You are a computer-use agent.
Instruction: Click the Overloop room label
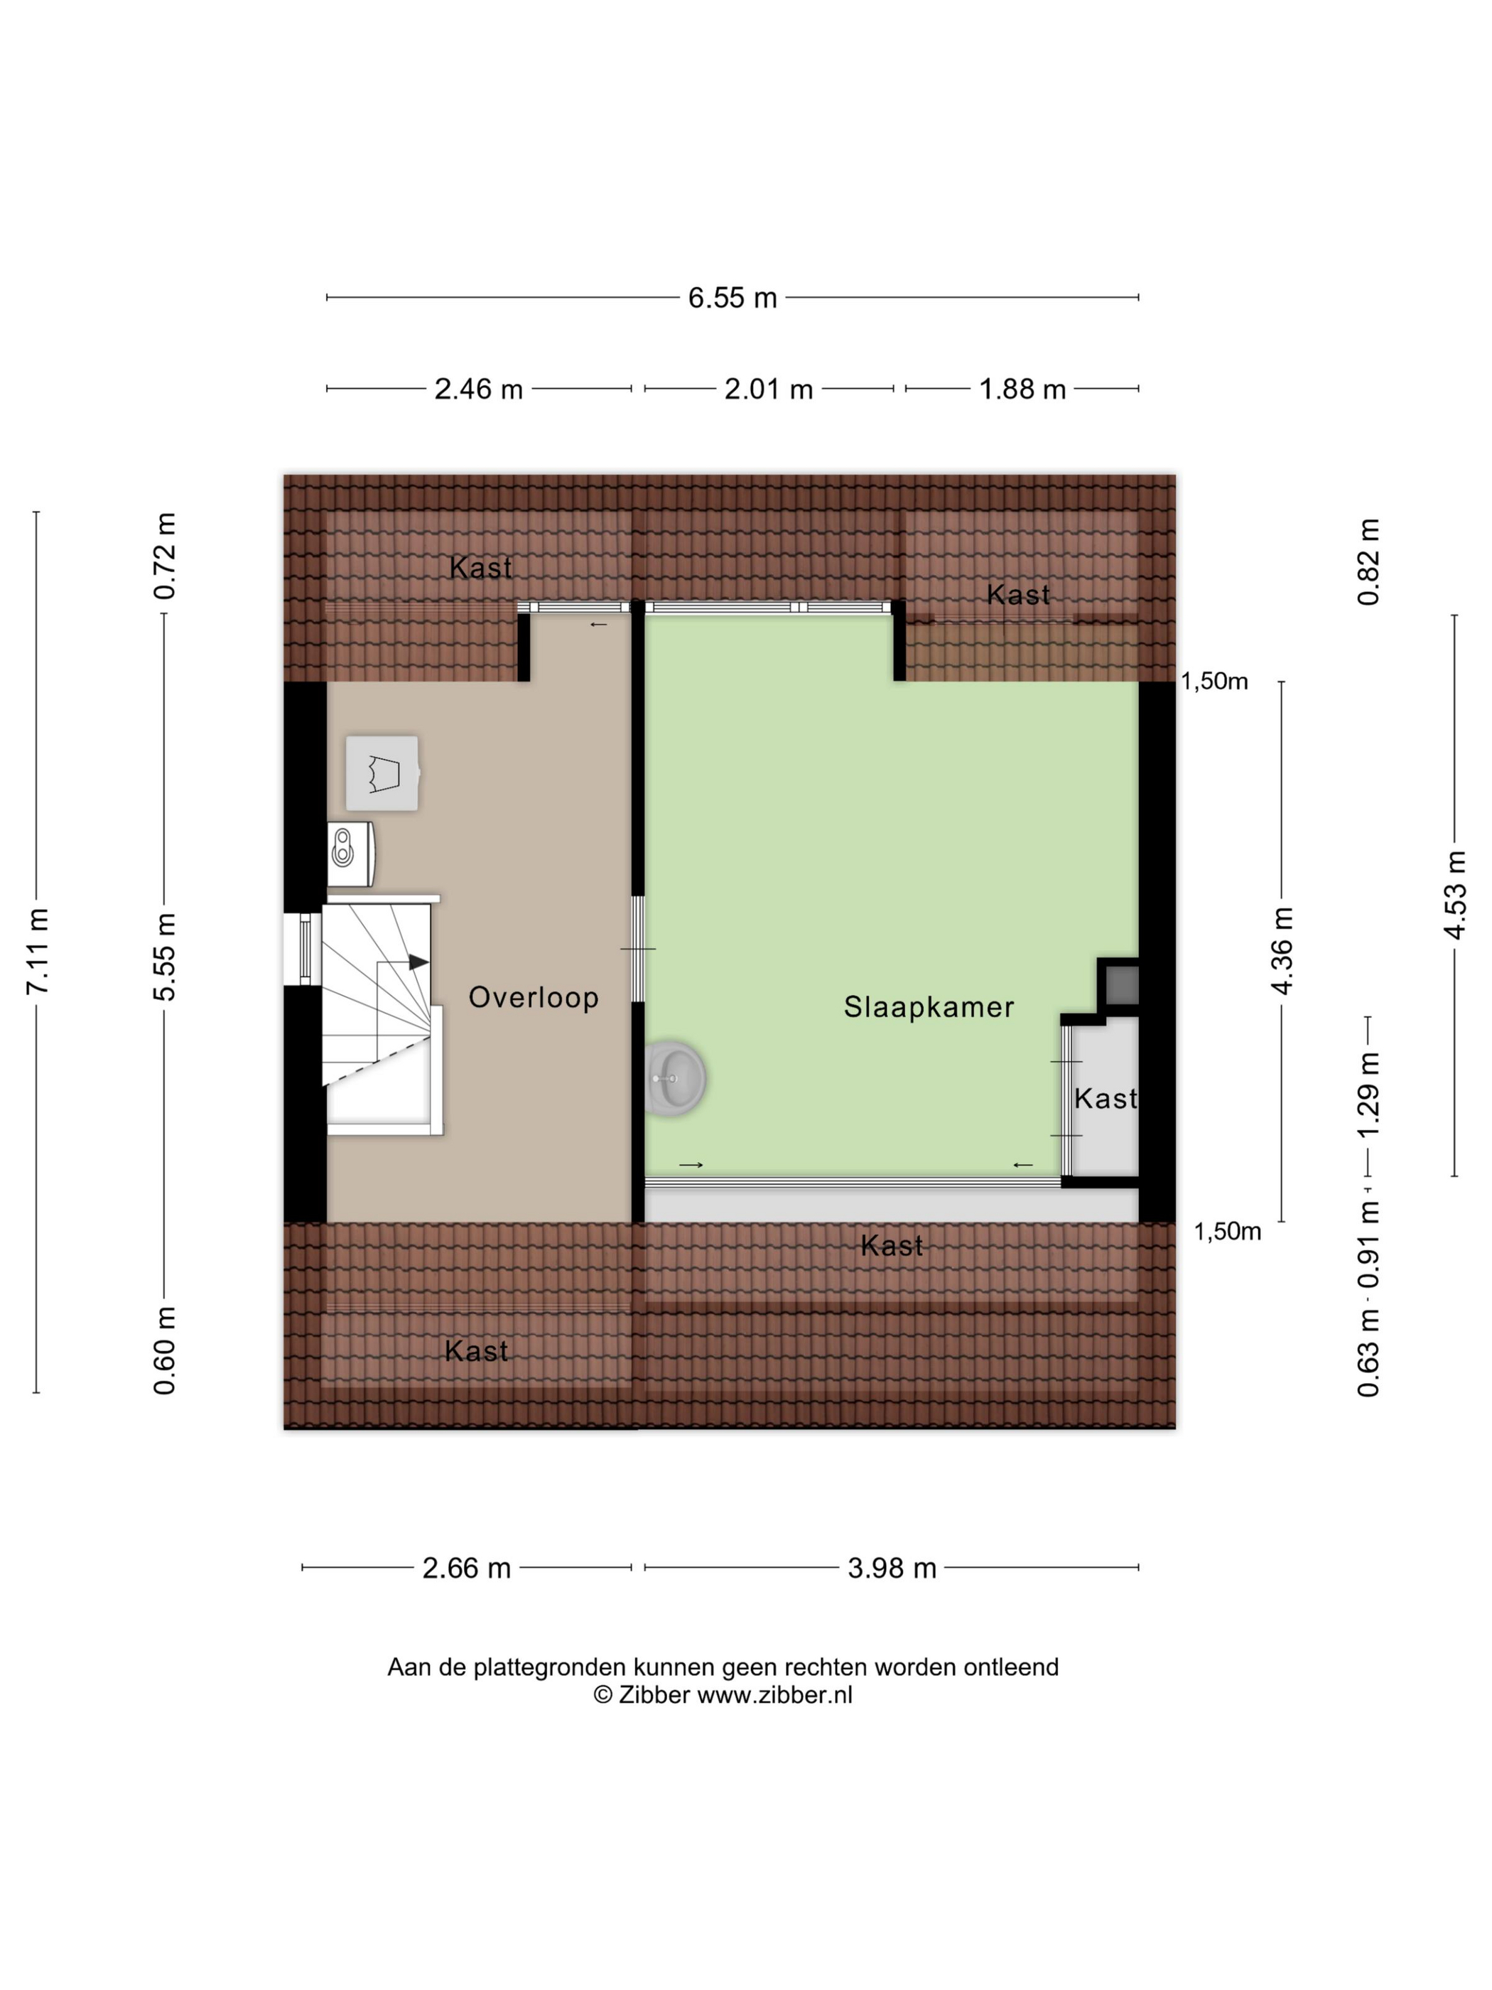pos(534,998)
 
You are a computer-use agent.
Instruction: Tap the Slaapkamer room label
pos(928,1006)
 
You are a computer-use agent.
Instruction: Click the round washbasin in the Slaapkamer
pos(674,1077)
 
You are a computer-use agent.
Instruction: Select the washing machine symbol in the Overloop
pos(383,773)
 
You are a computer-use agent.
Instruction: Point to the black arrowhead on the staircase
pos(418,962)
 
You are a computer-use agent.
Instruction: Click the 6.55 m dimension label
pos(732,298)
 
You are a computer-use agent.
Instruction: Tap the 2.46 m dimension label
pos(478,389)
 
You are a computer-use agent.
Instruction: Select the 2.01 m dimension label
pos(768,389)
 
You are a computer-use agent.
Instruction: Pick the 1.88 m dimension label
pos(1022,389)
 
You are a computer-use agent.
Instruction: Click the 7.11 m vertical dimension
pos(37,951)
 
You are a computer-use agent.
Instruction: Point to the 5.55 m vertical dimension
pos(165,957)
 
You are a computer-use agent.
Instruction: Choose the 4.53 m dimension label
pos(1454,895)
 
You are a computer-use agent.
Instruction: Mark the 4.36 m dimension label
pos(1282,951)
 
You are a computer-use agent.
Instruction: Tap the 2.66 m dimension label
pos(467,1568)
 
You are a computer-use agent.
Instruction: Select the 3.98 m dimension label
pos(892,1568)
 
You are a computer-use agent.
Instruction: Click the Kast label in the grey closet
pos(1106,1099)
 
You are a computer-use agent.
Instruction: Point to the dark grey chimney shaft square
pos(1121,985)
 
